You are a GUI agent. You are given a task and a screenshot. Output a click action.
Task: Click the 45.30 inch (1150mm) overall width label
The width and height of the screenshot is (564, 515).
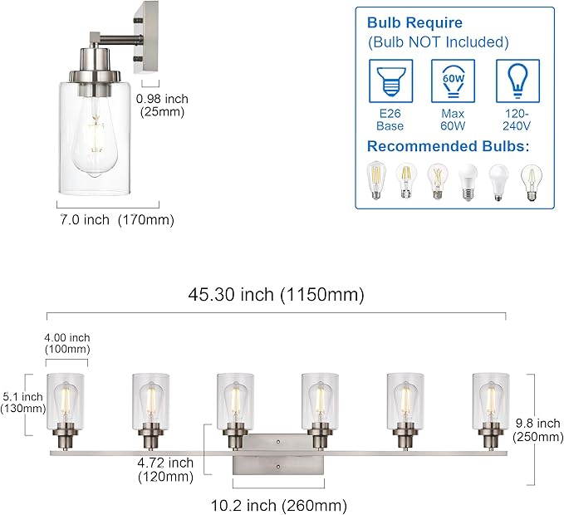point(276,294)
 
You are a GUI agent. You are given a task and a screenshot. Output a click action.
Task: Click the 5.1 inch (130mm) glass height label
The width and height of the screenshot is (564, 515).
point(22,403)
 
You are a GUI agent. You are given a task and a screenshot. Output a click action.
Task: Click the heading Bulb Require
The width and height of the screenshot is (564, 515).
point(415,22)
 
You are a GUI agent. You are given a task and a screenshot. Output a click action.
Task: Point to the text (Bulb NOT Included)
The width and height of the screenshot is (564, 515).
point(438,42)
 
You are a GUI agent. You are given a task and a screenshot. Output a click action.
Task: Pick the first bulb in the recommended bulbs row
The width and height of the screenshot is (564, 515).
point(377,181)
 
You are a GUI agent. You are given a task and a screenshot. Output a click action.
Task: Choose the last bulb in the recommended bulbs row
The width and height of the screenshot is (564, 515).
point(530,181)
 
